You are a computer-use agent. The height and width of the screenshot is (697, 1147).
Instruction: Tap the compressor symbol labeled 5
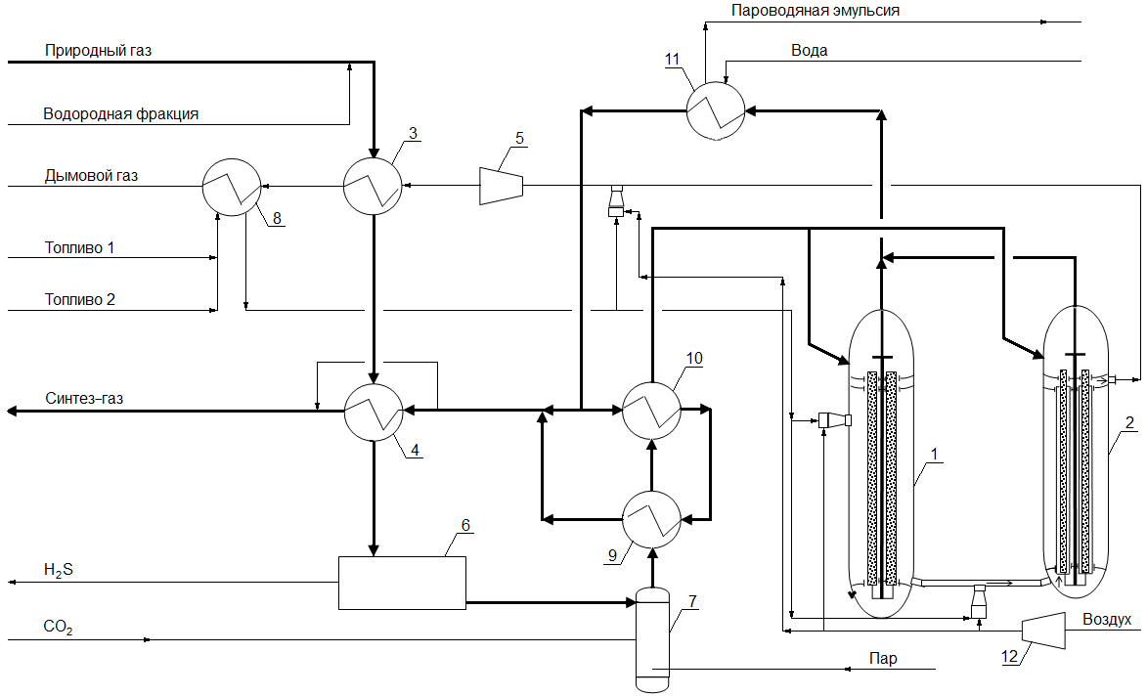coord(501,186)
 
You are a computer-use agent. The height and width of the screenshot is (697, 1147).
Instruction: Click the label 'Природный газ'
coord(98,51)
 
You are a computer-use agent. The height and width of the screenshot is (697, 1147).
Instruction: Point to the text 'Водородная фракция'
coord(120,114)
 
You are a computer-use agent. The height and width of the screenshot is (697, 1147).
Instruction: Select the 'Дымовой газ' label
coord(92,176)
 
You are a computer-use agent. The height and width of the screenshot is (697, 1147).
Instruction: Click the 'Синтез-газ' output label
coord(84,399)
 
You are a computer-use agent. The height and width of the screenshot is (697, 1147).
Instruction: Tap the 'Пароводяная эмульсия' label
coord(816,11)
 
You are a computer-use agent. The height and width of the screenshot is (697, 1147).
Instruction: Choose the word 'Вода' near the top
coord(809,51)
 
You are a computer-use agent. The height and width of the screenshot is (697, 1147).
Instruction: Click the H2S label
coord(59,571)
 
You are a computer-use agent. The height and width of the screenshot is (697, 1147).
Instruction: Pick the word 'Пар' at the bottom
coord(883,658)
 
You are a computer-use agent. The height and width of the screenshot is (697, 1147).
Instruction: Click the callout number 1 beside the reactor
coord(934,455)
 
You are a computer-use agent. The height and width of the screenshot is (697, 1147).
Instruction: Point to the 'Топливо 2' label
coord(80,300)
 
